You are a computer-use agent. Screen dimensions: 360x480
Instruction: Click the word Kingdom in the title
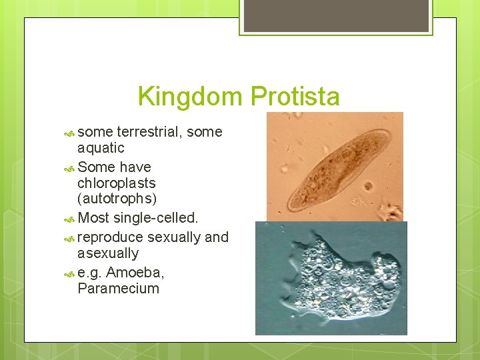191,97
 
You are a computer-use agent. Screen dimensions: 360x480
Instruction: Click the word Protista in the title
295,97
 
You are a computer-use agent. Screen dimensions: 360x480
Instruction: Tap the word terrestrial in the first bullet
150,132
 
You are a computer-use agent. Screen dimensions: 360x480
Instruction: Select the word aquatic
101,148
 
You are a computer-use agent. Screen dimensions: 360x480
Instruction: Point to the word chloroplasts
116,183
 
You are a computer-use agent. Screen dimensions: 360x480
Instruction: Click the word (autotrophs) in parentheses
117,199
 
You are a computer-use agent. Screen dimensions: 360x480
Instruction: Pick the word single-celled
156,218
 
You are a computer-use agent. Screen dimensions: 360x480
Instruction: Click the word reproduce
110,237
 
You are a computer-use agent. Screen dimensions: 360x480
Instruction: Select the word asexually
108,253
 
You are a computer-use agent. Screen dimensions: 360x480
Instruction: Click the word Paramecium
118,289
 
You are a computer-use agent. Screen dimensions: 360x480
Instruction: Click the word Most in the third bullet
93,218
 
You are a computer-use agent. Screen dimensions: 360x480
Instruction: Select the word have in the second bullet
135,167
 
